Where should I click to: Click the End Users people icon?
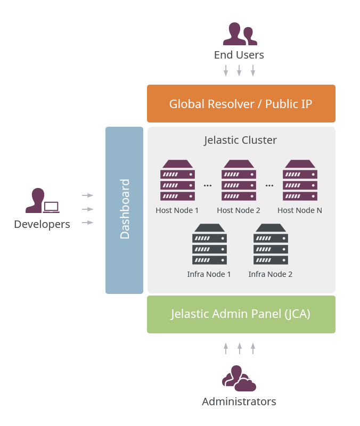[x=240, y=34]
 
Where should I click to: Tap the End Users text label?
[x=239, y=55]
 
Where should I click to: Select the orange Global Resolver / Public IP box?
[x=241, y=103]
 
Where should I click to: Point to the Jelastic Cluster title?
[x=241, y=140]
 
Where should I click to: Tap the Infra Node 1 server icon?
[x=209, y=244]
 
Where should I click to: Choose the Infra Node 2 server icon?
[x=271, y=244]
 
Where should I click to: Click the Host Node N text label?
[x=300, y=210]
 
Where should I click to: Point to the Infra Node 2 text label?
[x=271, y=274]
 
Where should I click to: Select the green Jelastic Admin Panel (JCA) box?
[x=241, y=314]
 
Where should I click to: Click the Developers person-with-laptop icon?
[x=42, y=201]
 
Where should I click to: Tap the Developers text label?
[x=42, y=224]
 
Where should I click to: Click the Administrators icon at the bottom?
[x=239, y=378]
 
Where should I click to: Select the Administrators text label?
[x=239, y=402]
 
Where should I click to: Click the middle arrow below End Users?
[x=239, y=71]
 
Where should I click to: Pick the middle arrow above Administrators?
[x=239, y=348]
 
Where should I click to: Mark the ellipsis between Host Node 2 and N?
[x=269, y=186]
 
